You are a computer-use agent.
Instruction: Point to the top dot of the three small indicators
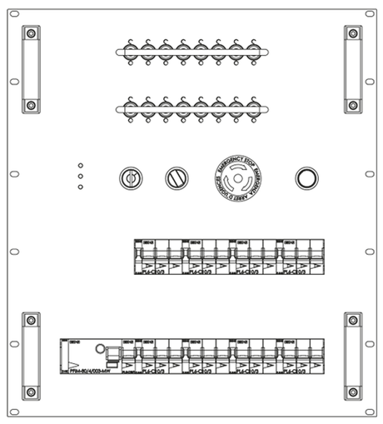tap(80, 165)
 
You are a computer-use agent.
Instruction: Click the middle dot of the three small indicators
tap(80, 176)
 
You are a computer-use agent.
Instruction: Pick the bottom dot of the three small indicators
tap(80, 187)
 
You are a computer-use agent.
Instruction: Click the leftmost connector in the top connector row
tap(129, 52)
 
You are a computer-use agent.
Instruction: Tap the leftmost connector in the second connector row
tap(129, 107)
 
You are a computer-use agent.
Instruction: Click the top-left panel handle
tap(30, 69)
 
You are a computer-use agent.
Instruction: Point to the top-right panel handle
tap(352, 69)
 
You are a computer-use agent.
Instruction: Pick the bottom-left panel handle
tap(30, 356)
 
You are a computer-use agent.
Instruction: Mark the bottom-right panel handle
tap(352, 356)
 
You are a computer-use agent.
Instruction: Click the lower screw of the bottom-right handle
tap(352, 392)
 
